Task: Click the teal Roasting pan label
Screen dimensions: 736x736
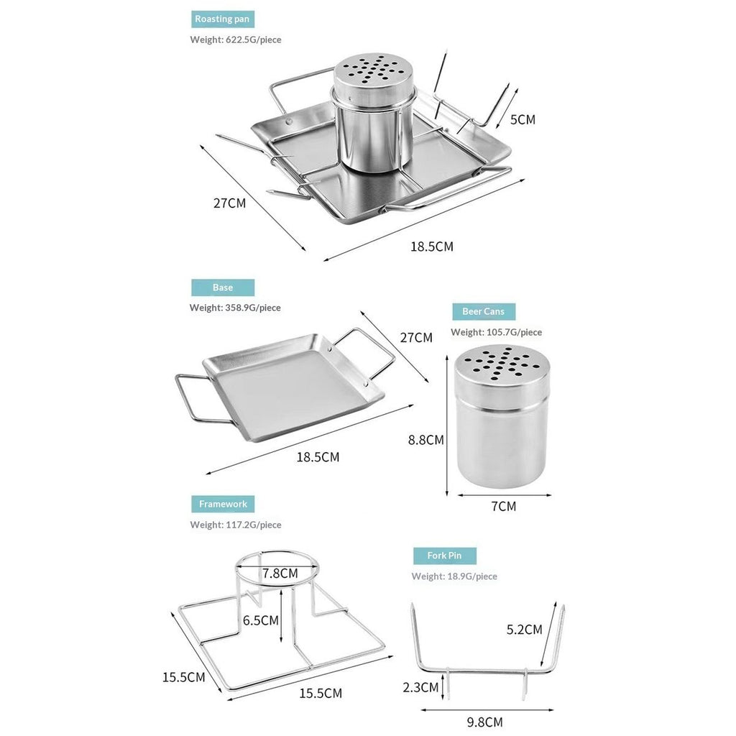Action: coord(223,19)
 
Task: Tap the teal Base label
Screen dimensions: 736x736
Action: coord(223,287)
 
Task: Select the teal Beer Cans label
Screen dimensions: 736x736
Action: coord(484,312)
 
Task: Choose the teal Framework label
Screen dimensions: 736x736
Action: coord(223,504)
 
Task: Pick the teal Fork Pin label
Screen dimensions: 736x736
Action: coord(444,556)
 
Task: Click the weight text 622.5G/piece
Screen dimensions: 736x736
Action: coord(254,40)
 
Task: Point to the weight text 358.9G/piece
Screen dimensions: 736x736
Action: coord(253,308)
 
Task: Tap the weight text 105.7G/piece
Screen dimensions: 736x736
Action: coord(514,332)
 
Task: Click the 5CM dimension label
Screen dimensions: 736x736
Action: coord(523,120)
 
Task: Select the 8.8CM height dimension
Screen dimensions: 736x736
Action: coord(425,440)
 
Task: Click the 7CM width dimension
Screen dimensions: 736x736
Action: coord(504,507)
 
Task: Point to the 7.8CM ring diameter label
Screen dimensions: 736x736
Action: coord(280,574)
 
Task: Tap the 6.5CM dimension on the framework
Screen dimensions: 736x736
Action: coord(260,620)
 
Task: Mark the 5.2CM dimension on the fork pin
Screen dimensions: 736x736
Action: coord(524,630)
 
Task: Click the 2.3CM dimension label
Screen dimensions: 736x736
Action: coord(420,688)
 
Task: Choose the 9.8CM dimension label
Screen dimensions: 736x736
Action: coord(485,722)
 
